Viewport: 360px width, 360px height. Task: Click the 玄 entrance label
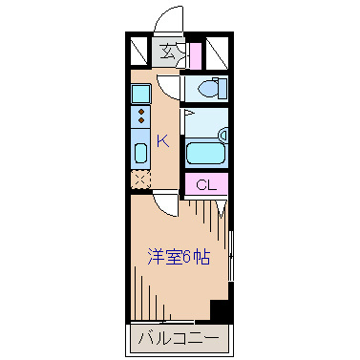point(168,52)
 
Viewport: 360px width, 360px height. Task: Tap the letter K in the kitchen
point(162,140)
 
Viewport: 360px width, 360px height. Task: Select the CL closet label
point(206,185)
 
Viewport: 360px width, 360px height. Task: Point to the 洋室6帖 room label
point(179,256)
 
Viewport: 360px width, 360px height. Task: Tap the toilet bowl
point(209,89)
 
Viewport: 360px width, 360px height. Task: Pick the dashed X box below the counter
point(140,178)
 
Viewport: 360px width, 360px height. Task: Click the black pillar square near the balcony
point(220,310)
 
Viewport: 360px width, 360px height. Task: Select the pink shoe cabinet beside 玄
point(195,53)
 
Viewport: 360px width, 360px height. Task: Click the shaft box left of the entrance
point(141,52)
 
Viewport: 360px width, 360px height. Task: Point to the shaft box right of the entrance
point(216,52)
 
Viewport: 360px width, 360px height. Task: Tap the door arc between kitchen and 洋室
point(168,201)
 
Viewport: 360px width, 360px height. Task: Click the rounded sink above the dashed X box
point(140,153)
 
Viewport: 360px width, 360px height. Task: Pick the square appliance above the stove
point(140,94)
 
